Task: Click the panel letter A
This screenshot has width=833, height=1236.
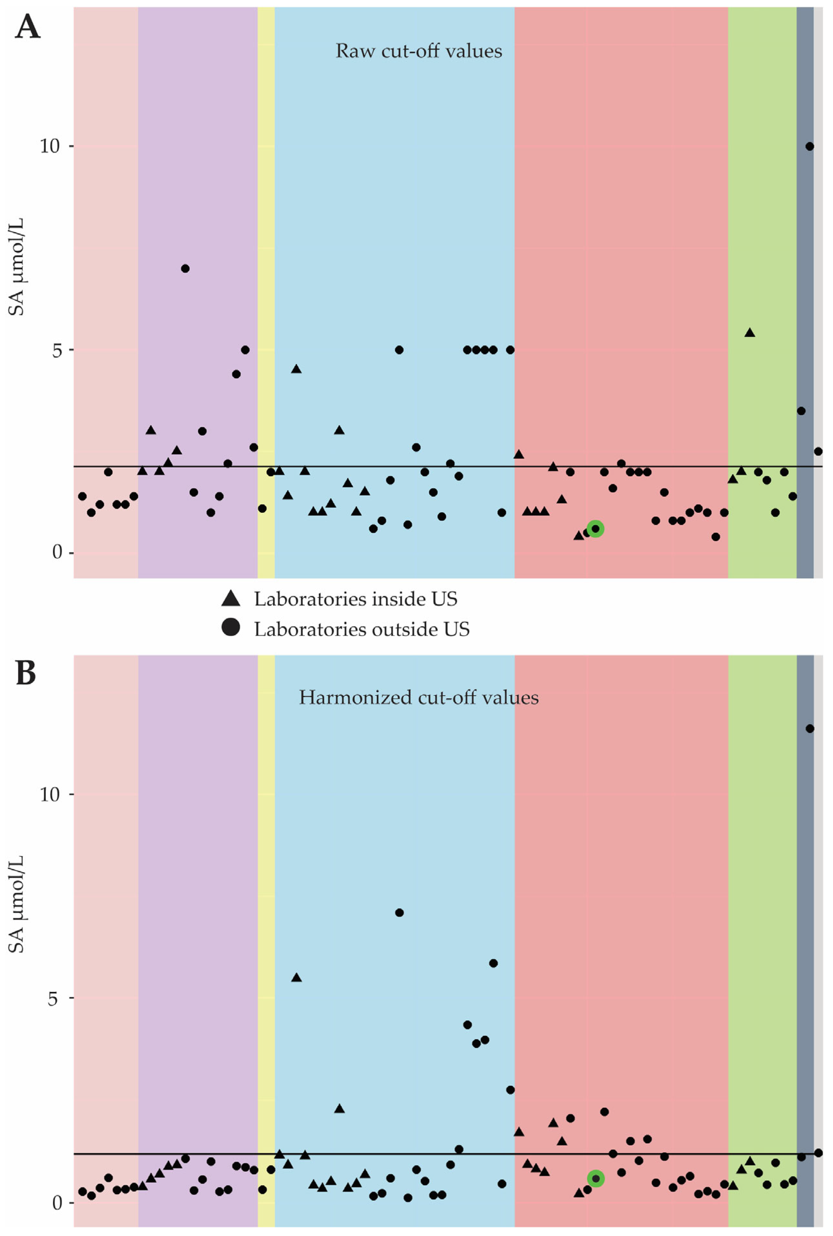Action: click(28, 26)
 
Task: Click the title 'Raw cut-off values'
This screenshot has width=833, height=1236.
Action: click(419, 51)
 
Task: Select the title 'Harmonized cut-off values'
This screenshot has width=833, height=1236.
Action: click(419, 697)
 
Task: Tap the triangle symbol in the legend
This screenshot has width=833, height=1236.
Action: click(230, 599)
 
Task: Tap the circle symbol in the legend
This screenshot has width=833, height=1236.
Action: click(230, 628)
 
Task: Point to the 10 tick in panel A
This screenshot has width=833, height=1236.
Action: click(50, 146)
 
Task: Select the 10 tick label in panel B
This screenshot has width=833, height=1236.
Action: click(50, 795)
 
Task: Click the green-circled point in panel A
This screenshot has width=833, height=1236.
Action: click(595, 529)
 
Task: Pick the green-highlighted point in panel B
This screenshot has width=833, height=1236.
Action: click(595, 1179)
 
